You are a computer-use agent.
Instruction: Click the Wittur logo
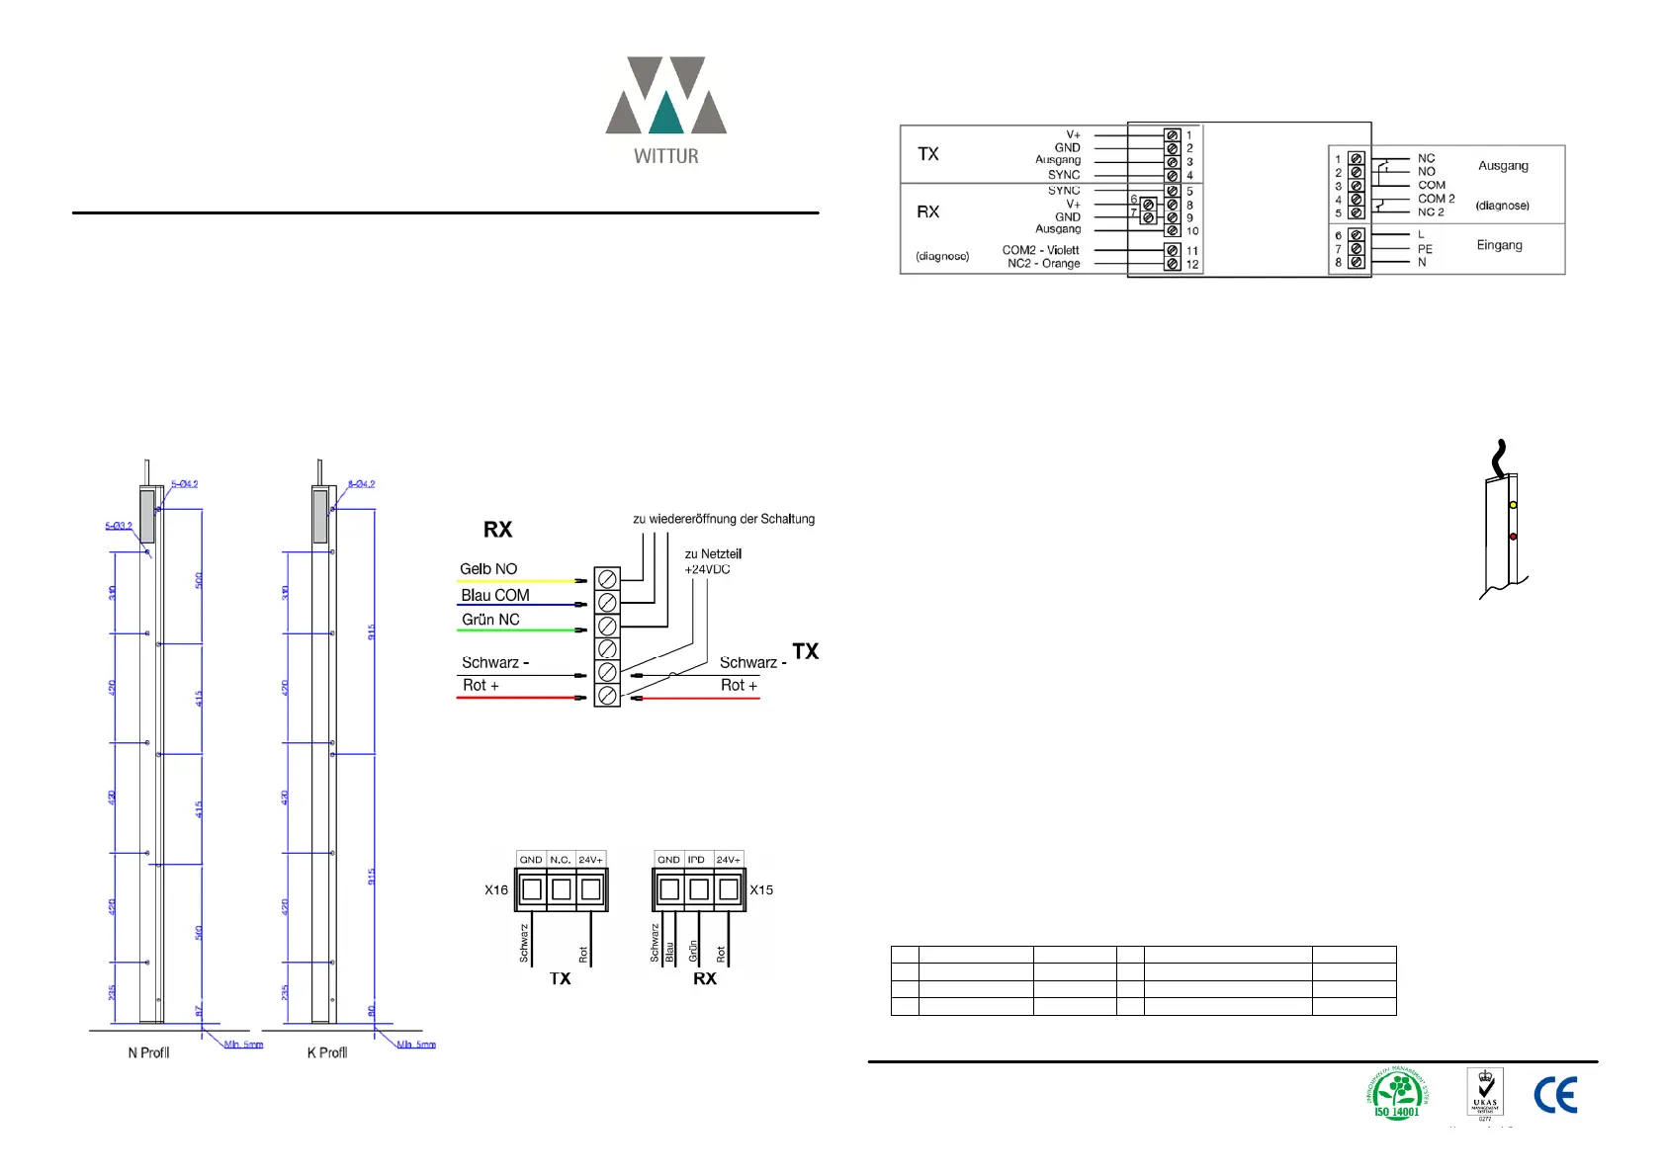(x=665, y=109)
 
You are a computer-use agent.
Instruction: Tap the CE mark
(x=1555, y=1095)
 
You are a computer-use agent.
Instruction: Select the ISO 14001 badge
(x=1397, y=1094)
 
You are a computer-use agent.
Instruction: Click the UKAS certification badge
(x=1485, y=1093)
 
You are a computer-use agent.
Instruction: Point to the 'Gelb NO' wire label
(x=488, y=569)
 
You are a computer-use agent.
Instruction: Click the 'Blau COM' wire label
(x=494, y=595)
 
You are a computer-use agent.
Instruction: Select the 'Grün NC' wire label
(x=490, y=620)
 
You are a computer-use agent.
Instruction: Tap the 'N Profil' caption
(x=148, y=1052)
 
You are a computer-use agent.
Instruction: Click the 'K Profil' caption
(x=327, y=1052)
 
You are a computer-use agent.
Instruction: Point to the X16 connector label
(x=496, y=889)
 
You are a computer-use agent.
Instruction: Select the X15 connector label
(x=761, y=889)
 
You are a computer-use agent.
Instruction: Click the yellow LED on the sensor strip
(x=1513, y=505)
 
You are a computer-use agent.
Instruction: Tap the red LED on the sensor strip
(x=1513, y=537)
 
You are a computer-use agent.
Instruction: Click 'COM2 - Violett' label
(x=1040, y=250)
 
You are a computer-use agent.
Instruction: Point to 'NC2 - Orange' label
(x=1043, y=264)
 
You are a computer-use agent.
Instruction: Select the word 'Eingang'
(x=1499, y=245)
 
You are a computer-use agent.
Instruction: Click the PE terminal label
(x=1425, y=249)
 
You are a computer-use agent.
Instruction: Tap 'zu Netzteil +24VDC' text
(x=713, y=561)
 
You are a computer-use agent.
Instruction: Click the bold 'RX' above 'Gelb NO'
(x=497, y=530)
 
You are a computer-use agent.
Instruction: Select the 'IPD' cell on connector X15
(x=697, y=860)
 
